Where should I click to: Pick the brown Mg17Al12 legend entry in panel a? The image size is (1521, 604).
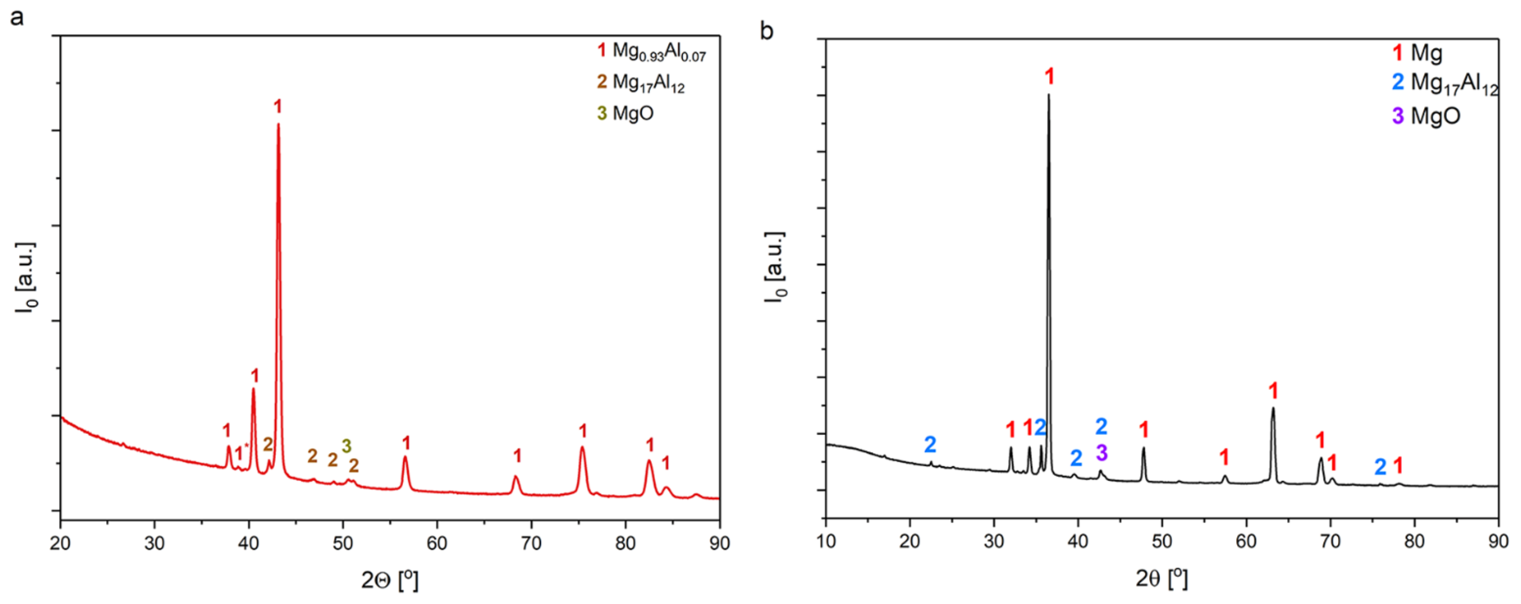[x=641, y=83]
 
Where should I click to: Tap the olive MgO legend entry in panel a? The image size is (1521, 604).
[x=626, y=113]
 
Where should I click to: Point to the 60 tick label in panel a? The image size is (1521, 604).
[x=437, y=543]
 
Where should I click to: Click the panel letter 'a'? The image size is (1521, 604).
[x=17, y=18]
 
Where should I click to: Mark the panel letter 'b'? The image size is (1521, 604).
[x=766, y=31]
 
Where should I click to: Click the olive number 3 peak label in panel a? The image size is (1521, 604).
[x=347, y=446]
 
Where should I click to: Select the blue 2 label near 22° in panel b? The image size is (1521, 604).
[x=930, y=444]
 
